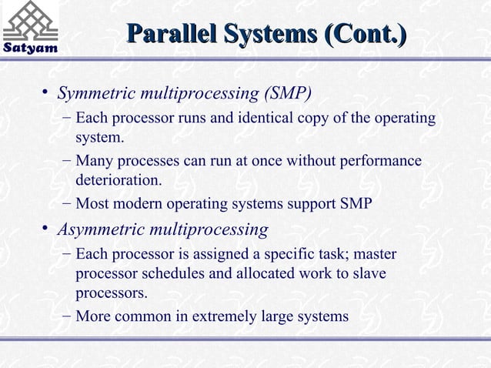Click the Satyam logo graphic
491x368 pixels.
click(31, 21)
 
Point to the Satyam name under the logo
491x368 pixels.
click(30, 49)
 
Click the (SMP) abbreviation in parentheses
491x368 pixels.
click(287, 95)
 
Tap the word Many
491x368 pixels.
click(94, 162)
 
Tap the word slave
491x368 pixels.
click(369, 274)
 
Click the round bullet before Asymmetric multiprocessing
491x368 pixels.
click(47, 228)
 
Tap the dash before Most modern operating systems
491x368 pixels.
click(67, 205)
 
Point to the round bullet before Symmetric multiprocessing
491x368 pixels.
click(47, 93)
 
